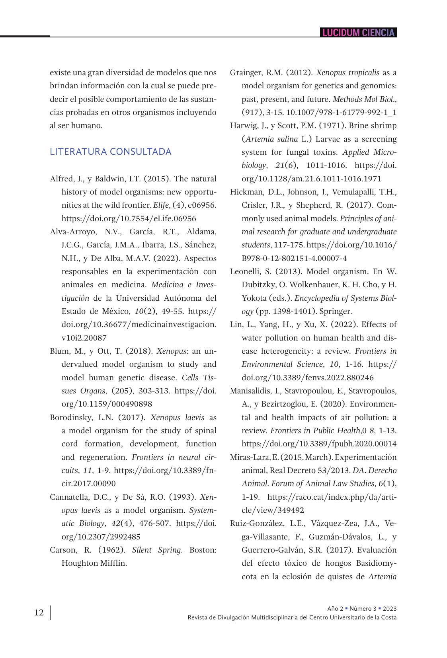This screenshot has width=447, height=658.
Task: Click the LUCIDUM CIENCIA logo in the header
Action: tap(358, 33)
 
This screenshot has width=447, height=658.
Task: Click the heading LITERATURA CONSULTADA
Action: tap(111, 152)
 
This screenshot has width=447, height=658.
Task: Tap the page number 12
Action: tap(39, 612)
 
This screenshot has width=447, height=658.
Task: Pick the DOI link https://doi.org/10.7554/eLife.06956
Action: tap(129, 218)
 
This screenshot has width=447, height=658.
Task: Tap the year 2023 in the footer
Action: tap(390, 608)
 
